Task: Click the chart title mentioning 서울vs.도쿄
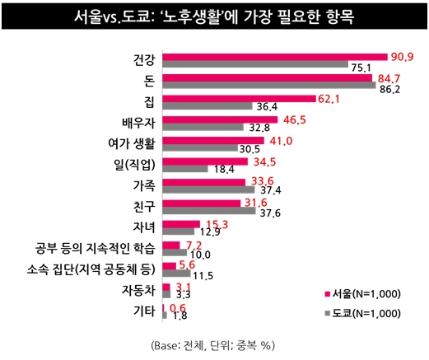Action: click(x=214, y=17)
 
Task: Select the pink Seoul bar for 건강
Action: click(x=274, y=57)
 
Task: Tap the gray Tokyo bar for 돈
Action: click(x=269, y=85)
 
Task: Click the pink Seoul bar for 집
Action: click(x=239, y=99)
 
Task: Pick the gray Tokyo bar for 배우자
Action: click(x=203, y=127)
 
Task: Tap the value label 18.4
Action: click(x=202, y=169)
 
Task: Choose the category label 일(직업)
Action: click(x=135, y=164)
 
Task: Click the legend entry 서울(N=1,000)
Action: click(x=363, y=294)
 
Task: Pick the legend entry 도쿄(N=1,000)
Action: click(x=363, y=313)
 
